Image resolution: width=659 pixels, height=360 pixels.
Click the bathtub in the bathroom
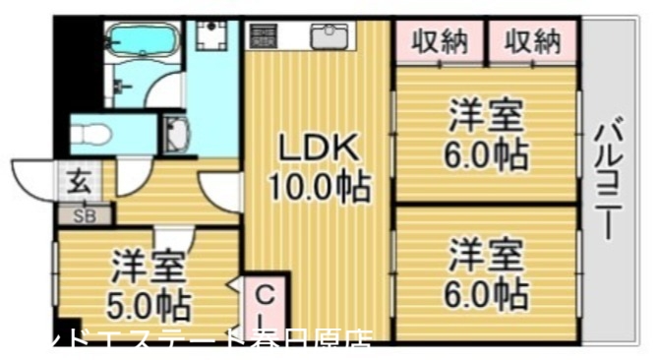(143, 41)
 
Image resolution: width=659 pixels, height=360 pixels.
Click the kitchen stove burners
(264, 36)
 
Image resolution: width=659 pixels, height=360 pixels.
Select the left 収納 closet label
(440, 41)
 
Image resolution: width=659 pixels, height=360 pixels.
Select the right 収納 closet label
(532, 41)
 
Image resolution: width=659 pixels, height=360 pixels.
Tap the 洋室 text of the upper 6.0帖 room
(486, 117)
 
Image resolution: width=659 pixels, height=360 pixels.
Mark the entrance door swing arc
(35, 178)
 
